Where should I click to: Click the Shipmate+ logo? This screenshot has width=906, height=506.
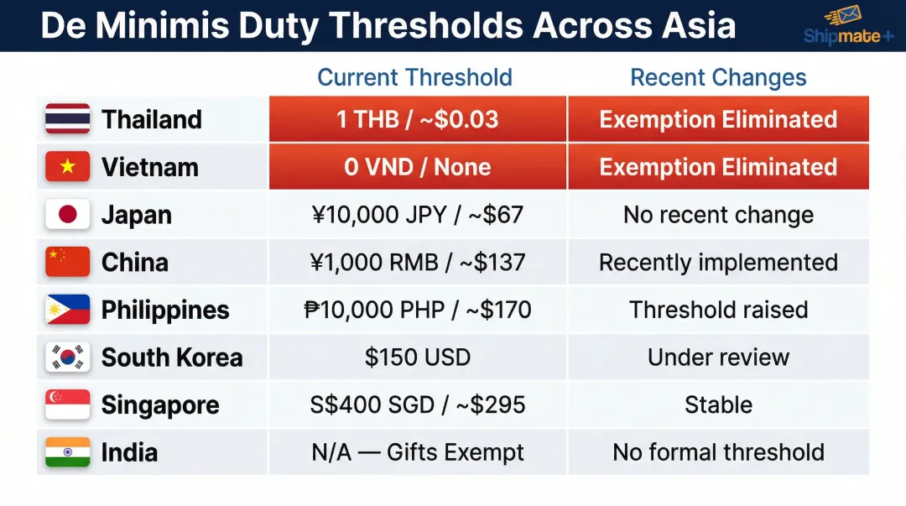[x=848, y=26]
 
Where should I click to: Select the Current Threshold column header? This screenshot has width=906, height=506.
[x=414, y=78]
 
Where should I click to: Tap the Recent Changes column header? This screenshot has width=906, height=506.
[x=718, y=78]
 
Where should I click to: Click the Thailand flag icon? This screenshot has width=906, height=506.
[x=67, y=119]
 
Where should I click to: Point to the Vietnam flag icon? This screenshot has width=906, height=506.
[x=67, y=167]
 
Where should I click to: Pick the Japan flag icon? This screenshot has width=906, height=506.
[x=67, y=215]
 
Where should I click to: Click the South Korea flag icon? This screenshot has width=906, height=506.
[x=67, y=357]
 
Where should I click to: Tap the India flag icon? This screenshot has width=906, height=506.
[x=67, y=452]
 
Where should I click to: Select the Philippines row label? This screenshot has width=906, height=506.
[x=165, y=310]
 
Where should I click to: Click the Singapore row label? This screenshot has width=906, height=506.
[x=160, y=405]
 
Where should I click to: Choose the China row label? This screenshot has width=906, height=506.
[x=135, y=263]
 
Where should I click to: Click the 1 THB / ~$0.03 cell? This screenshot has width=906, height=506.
[x=418, y=119]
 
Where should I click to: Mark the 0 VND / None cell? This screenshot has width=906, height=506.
[x=418, y=167]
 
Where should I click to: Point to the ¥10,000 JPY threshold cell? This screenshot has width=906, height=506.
[x=418, y=215]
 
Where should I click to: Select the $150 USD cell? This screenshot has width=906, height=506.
[x=418, y=357]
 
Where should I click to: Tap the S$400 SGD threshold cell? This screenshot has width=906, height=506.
[x=418, y=405]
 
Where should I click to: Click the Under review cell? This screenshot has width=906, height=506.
[x=718, y=357]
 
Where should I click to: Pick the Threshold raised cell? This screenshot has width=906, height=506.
[x=718, y=310]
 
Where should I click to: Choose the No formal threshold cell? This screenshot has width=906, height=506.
[x=718, y=452]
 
